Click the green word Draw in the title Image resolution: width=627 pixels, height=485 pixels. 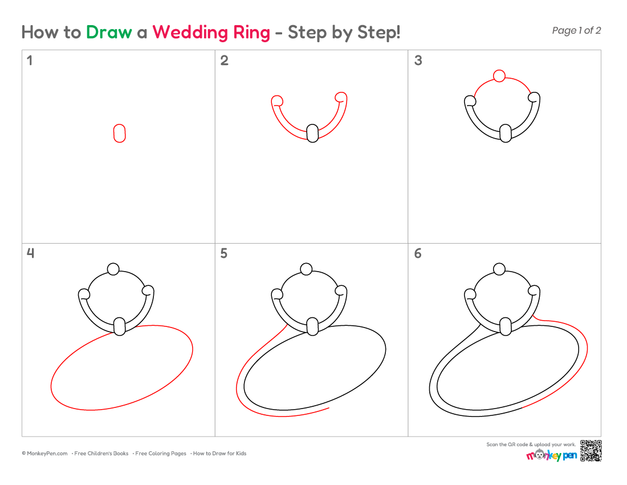109,32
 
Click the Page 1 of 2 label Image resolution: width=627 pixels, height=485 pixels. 576,30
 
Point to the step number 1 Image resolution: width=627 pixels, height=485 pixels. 29,60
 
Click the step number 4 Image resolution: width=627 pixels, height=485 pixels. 30,253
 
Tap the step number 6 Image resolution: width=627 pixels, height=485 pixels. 418,253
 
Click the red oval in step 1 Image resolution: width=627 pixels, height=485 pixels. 120,134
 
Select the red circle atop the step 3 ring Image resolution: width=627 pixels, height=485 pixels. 499,76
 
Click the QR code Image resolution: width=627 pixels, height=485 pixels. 591,451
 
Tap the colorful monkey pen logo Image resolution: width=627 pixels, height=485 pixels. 551,455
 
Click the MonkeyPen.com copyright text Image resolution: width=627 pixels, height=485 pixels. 45,454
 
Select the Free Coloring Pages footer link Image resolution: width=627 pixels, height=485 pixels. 160,454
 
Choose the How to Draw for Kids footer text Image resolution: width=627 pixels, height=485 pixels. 219,454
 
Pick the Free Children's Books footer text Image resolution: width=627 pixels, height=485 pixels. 101,454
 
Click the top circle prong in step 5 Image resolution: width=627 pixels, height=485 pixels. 306,269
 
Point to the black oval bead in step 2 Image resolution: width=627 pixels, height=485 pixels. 313,134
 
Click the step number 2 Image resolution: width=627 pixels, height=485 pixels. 225,60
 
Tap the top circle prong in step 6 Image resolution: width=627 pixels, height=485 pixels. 499,269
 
